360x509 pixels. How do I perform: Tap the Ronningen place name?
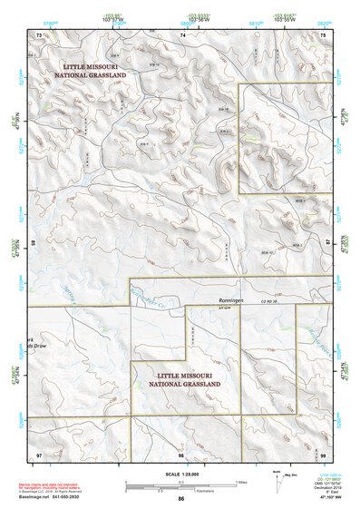[232, 300]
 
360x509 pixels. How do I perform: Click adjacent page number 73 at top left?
[38, 34]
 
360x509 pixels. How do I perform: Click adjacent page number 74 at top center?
[182, 34]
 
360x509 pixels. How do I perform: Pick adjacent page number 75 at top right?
[324, 34]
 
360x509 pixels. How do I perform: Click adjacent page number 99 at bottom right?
[324, 453]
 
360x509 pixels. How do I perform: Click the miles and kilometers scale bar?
[181, 484]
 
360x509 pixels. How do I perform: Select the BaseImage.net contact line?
[56, 497]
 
